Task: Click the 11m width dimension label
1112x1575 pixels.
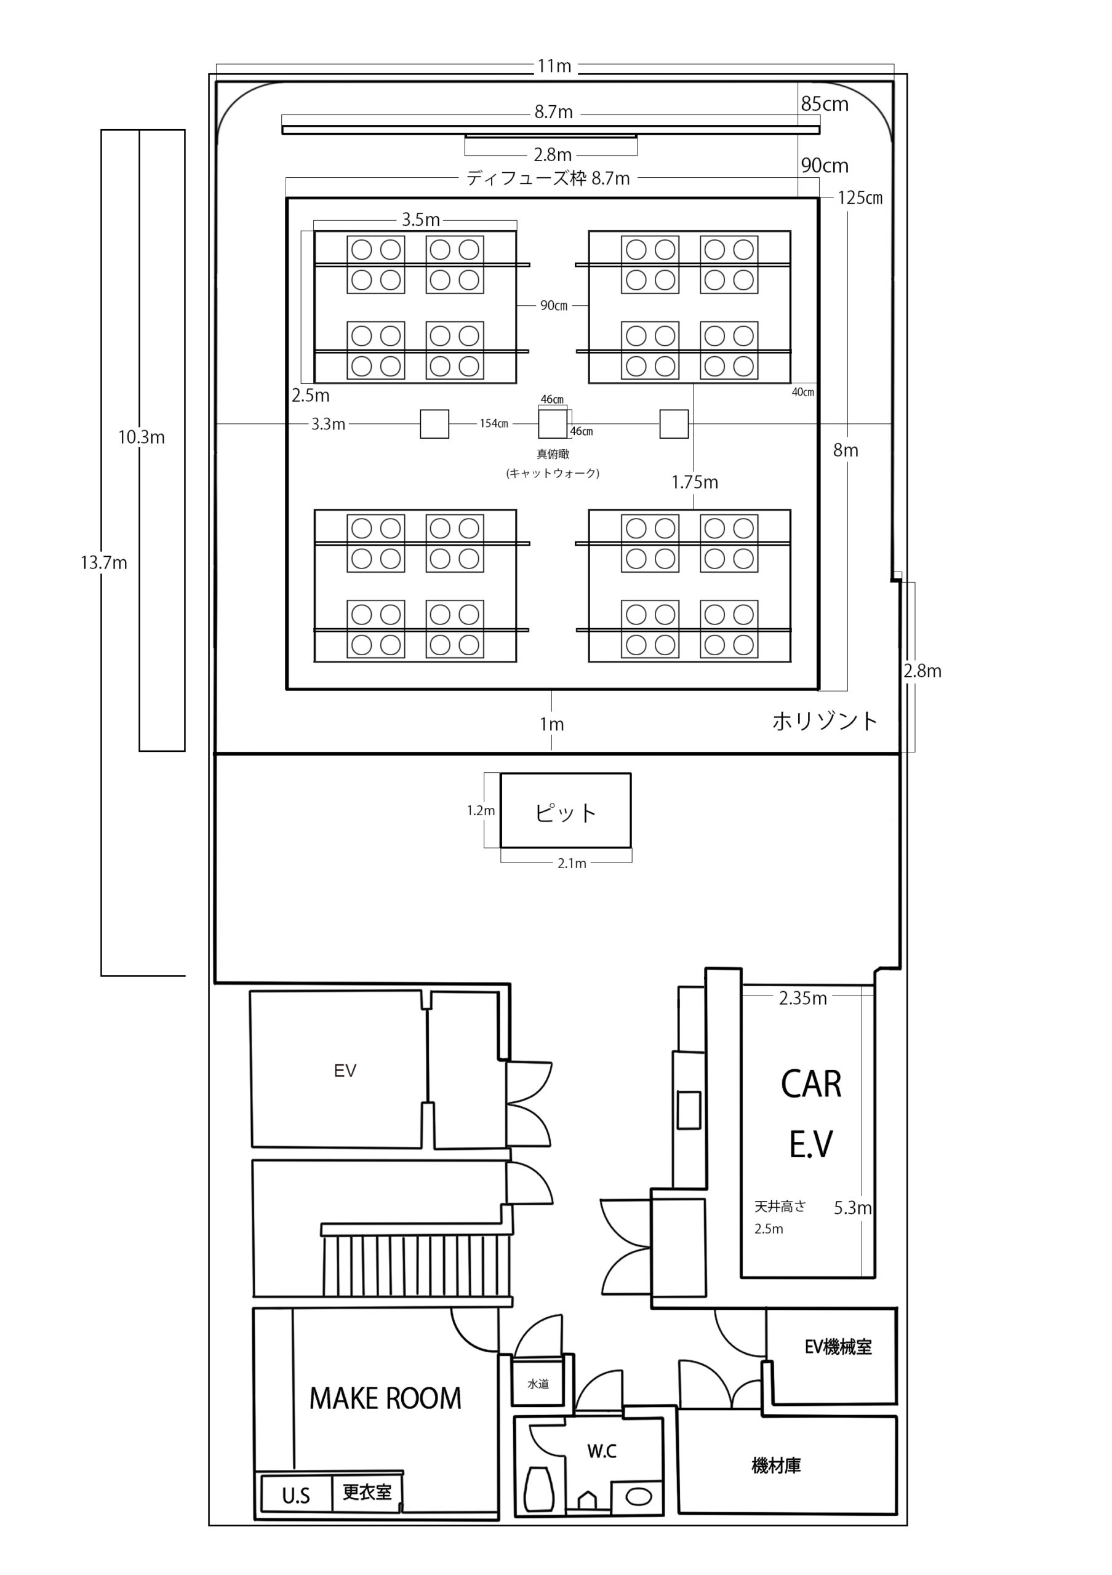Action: coord(554,66)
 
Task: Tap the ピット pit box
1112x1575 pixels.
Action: coord(566,810)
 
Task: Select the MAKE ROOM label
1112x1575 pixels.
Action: coord(385,1398)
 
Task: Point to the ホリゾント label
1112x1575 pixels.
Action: coord(825,721)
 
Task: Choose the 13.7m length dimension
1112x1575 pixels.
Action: coord(103,563)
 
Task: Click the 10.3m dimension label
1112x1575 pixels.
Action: coord(142,437)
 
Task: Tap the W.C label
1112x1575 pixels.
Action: coord(602,1451)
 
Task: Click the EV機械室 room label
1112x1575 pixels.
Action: coord(838,1347)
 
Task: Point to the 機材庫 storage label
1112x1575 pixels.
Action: coord(776,1466)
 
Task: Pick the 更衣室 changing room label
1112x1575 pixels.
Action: coord(367,1491)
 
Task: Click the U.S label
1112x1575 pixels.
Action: coord(297,1496)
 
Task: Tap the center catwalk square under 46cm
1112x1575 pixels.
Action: coord(553,423)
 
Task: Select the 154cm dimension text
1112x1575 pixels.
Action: coord(494,424)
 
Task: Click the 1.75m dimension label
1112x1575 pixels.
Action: coord(695,482)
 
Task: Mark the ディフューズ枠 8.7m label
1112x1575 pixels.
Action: coord(548,178)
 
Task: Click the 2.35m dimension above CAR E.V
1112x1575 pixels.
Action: coord(802,998)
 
